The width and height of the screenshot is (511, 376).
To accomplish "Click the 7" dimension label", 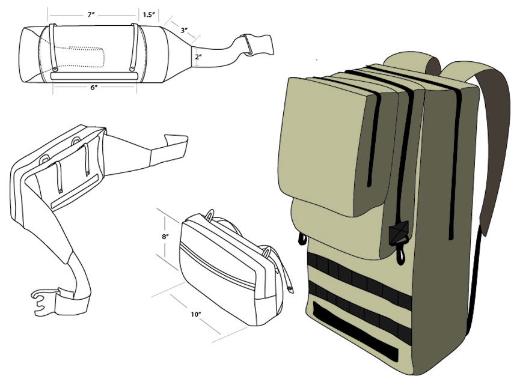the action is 91,15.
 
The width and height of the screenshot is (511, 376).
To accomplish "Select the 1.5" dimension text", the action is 148,15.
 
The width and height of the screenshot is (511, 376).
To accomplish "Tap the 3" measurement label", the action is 184,30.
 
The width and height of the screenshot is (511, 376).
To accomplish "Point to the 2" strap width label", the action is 198,56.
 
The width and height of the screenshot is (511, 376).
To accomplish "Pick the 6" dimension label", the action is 94,88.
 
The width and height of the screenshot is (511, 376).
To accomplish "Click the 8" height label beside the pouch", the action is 165,237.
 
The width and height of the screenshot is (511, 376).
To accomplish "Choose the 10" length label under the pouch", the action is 196,315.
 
